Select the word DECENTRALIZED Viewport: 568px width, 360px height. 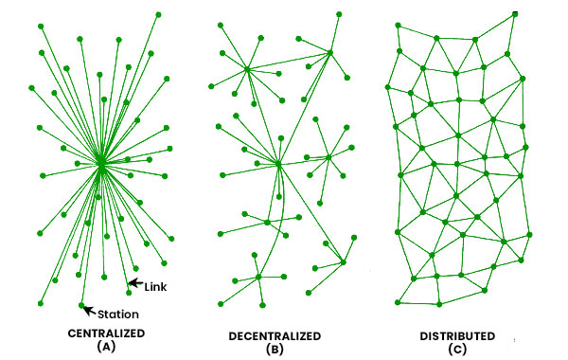[x=275, y=335]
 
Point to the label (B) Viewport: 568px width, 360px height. [x=275, y=348]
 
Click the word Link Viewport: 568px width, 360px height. [x=156, y=284]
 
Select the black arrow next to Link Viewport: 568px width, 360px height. [x=135, y=283]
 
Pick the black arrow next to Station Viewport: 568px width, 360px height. [x=92, y=309]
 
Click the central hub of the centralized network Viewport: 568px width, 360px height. [x=100, y=165]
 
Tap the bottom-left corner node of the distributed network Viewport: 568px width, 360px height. [x=399, y=303]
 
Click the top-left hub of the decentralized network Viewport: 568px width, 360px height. [x=246, y=68]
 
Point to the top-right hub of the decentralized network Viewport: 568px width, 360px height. [x=332, y=52]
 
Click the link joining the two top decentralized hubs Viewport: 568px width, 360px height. [x=289, y=61]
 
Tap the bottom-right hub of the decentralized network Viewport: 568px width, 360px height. [x=343, y=261]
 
